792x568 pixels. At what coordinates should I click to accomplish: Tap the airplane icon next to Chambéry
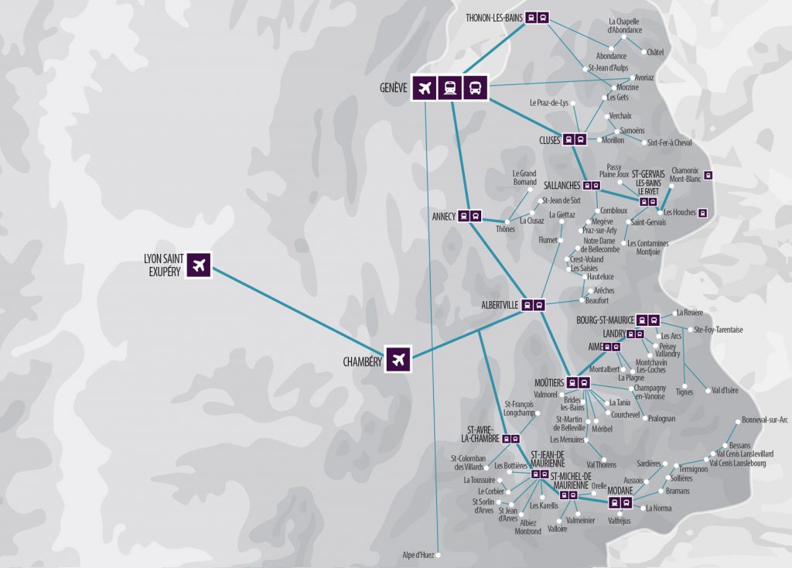tap(398, 359)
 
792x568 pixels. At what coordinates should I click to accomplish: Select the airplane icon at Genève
tap(423, 88)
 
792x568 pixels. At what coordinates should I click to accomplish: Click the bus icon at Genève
tap(475, 88)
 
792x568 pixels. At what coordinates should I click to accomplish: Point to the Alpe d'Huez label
tap(418, 555)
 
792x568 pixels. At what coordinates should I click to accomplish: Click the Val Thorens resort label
tap(601, 464)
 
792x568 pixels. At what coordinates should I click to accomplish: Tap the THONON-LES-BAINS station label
tap(494, 17)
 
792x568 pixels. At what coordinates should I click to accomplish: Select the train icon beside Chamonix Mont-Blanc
tap(708, 175)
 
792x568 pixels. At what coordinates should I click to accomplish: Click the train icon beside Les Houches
tap(702, 212)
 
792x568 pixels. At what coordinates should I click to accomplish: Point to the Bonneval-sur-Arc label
tap(764, 419)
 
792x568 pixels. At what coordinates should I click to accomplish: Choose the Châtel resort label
tap(655, 53)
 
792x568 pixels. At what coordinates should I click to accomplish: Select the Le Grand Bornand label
tap(524, 178)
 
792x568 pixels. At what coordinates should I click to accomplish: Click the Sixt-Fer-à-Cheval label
tap(669, 142)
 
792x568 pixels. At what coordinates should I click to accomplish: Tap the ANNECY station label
tap(443, 216)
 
